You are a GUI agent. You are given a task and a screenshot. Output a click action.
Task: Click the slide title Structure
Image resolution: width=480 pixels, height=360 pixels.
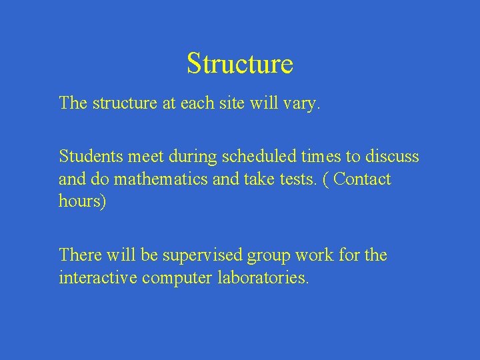pyautogui.click(x=240, y=63)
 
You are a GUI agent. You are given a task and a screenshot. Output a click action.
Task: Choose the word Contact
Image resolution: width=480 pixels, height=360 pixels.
pyautogui.click(x=363, y=179)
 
